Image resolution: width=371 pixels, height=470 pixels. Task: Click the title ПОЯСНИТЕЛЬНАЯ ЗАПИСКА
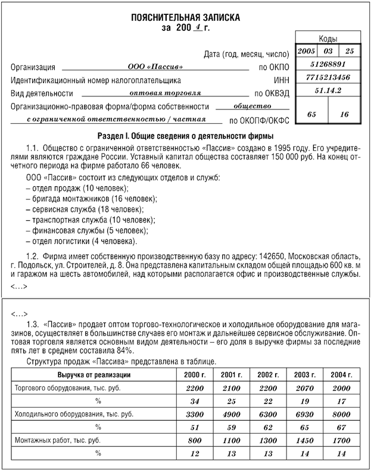pyautogui.click(x=186, y=18)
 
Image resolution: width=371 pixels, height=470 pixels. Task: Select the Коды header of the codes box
pyautogui.click(x=328, y=37)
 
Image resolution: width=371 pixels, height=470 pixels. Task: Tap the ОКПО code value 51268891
pyautogui.click(x=328, y=64)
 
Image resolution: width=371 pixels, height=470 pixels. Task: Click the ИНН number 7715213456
pyautogui.click(x=328, y=77)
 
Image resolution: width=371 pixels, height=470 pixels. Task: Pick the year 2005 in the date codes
pyautogui.click(x=306, y=51)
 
